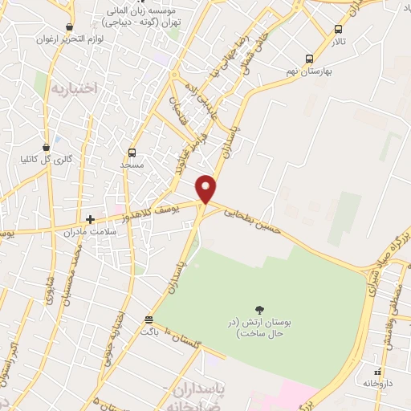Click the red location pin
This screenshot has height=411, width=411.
[206, 189]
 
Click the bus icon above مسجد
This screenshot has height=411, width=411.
[132, 152]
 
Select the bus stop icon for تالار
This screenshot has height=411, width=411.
[338, 30]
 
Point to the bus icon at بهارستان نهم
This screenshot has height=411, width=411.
[310, 59]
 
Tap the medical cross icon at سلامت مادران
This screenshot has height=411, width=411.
[91, 218]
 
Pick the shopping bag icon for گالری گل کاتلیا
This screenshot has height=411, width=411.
[47, 146]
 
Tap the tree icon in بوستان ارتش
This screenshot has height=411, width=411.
[259, 308]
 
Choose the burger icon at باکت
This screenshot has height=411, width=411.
[148, 318]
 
